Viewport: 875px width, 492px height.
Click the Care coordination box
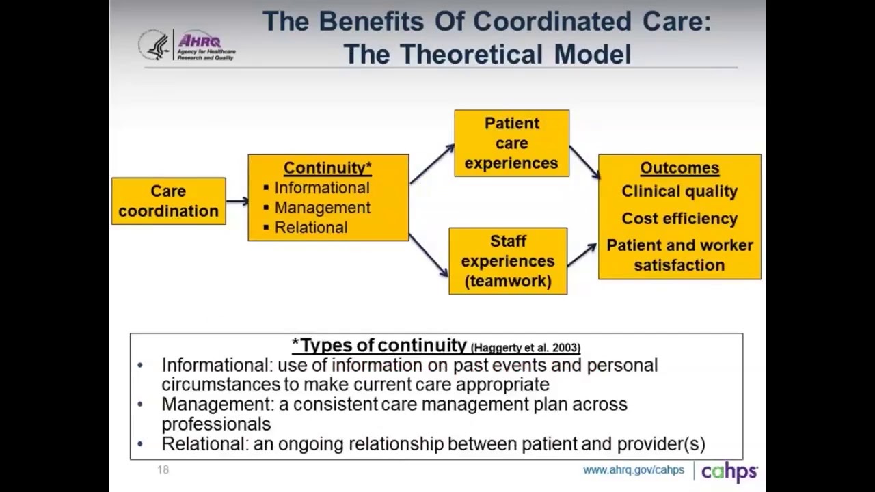coord(168,201)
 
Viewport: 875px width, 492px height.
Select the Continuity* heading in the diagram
coord(327,168)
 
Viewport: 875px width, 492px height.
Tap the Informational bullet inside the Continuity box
coord(321,188)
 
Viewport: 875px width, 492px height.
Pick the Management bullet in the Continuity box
coord(322,208)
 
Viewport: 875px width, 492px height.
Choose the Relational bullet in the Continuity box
coord(310,228)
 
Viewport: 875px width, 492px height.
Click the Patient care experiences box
coord(511,143)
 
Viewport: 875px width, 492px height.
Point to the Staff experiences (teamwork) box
coord(507,261)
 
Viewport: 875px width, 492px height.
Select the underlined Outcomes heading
coord(679,168)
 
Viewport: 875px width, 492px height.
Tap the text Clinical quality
coord(679,192)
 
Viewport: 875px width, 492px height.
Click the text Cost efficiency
coord(679,219)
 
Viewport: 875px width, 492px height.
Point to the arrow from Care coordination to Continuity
coord(237,201)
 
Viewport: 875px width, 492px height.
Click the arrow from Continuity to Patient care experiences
coord(431,165)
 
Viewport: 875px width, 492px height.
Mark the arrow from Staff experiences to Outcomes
coord(582,254)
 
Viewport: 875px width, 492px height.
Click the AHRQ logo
coord(187,46)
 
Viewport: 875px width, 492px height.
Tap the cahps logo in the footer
coord(729,471)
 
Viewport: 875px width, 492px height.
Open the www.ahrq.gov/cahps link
coord(633,470)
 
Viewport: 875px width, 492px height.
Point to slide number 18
coord(163,469)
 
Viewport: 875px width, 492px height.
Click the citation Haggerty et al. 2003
coord(526,348)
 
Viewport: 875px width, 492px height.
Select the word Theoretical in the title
coord(476,54)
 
